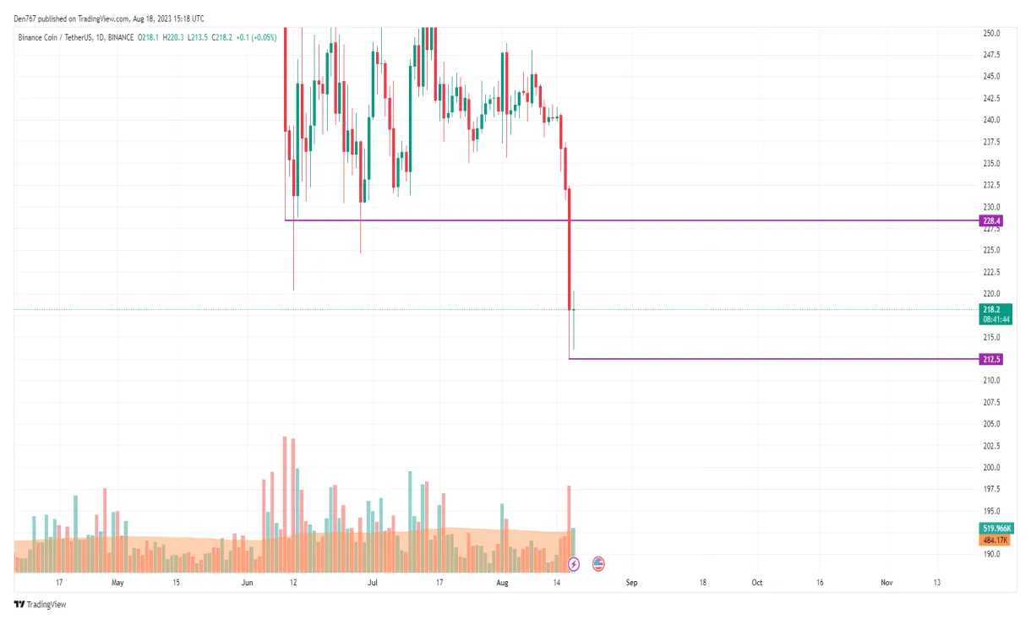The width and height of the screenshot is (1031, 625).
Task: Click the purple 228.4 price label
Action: coord(991,221)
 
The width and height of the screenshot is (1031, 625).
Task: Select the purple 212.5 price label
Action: coord(991,359)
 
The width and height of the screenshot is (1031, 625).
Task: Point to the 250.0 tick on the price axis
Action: coord(991,34)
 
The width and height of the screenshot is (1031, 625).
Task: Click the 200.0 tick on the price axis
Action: coord(991,468)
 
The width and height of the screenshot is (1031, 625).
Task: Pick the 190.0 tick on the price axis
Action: coord(991,555)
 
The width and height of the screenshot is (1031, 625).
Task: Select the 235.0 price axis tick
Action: coord(991,164)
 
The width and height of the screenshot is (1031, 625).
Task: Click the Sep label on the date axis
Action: coord(631,583)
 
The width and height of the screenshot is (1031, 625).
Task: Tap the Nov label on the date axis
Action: coord(886,583)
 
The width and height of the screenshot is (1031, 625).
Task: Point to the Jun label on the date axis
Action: coord(248,583)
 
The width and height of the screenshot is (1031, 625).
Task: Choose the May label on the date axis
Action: coord(117,583)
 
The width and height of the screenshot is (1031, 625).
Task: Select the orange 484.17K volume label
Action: coord(995,540)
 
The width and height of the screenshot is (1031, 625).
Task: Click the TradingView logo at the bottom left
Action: coord(40,605)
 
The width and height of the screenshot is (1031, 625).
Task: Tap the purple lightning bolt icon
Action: coord(574,563)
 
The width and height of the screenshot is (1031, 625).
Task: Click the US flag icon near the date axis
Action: coord(598,563)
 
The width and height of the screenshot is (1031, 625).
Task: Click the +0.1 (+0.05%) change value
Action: coord(256,37)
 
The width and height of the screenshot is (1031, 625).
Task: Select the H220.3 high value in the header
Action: coord(174,37)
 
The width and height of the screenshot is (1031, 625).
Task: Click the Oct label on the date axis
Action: coord(757,583)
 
